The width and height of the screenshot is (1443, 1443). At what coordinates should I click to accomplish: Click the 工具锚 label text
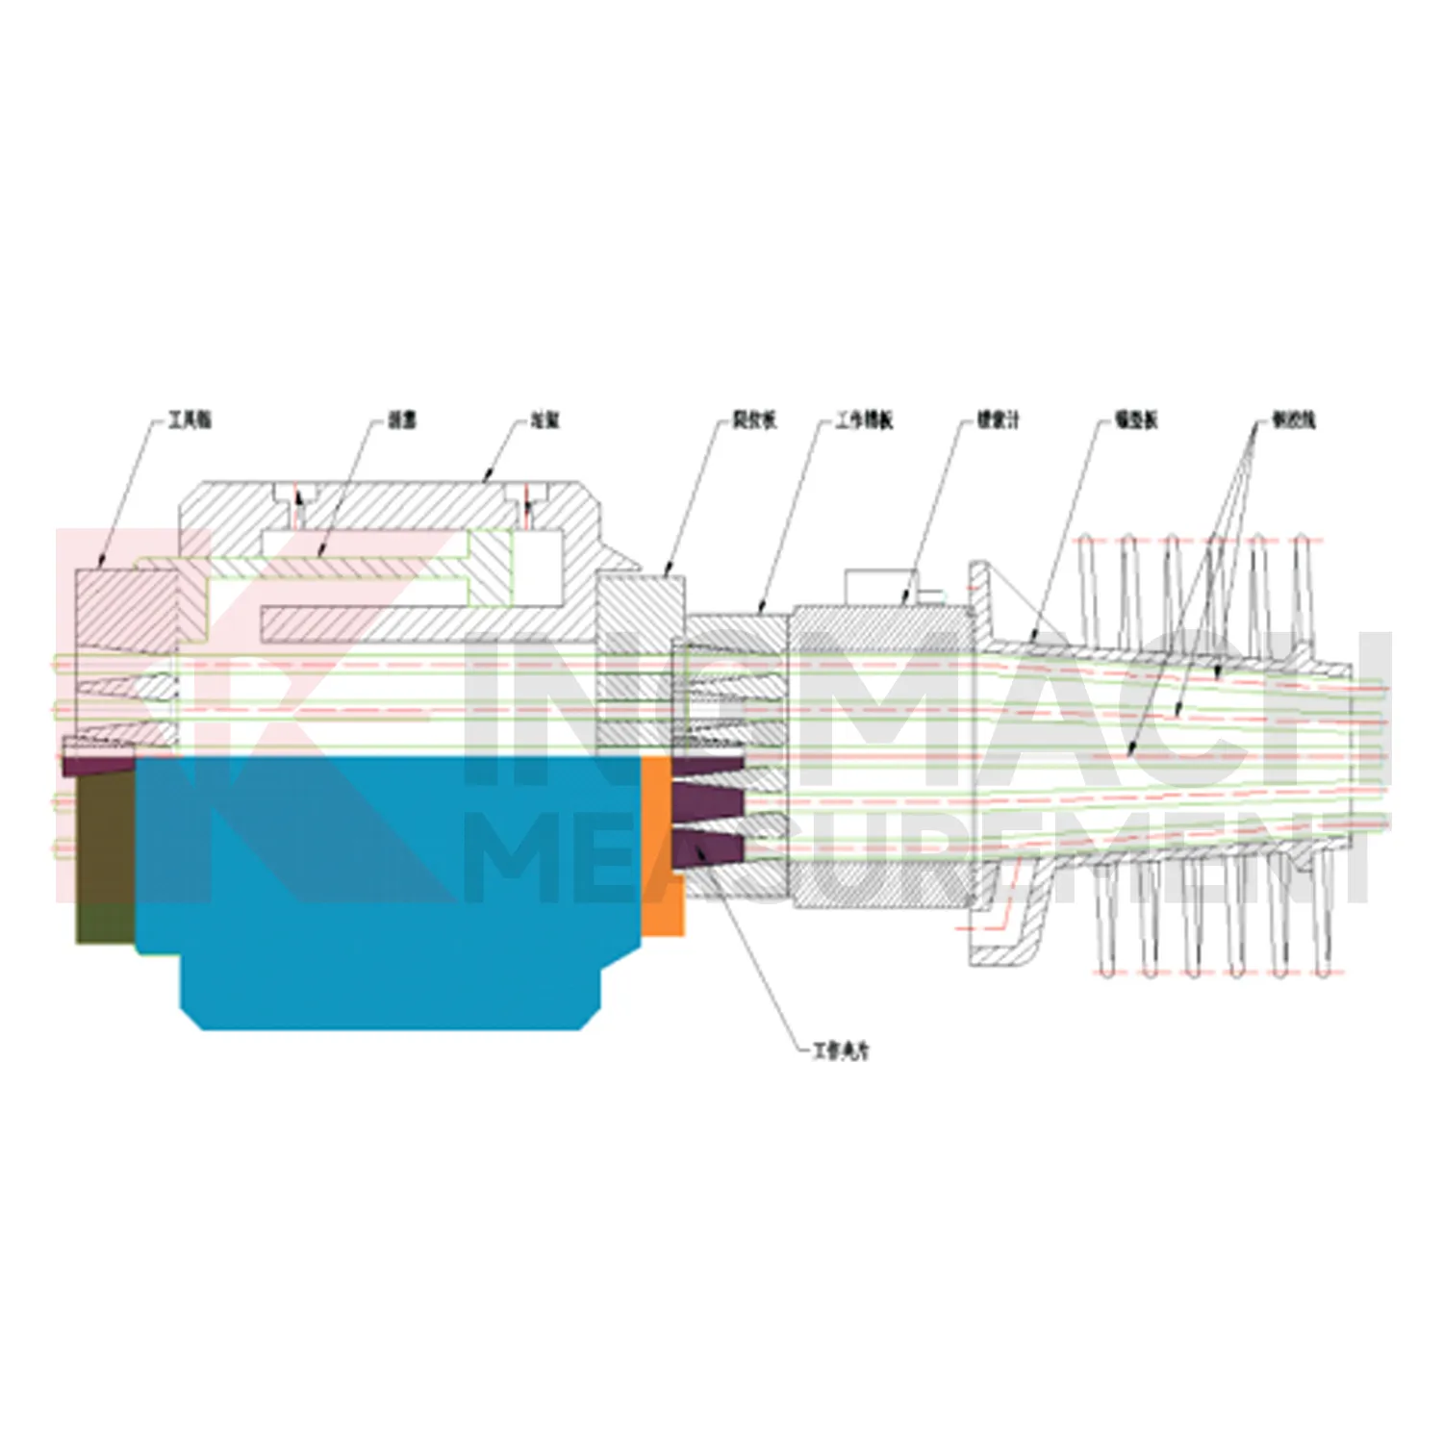[190, 420]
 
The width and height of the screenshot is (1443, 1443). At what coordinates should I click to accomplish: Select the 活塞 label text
[402, 420]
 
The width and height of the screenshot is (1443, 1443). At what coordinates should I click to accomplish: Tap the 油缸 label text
[544, 420]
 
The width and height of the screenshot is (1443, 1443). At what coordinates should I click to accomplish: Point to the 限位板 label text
[754, 420]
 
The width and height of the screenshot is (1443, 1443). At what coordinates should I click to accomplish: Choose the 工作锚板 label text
[864, 420]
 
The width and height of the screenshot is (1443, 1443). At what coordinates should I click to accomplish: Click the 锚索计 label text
[998, 420]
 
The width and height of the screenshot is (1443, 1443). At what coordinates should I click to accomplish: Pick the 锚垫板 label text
[1136, 420]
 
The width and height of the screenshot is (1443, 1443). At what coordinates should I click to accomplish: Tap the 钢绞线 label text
[1293, 420]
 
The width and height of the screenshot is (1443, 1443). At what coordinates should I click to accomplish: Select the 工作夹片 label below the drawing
[840, 1051]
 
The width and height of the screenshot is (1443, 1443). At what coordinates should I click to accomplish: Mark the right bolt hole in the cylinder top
[527, 505]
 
